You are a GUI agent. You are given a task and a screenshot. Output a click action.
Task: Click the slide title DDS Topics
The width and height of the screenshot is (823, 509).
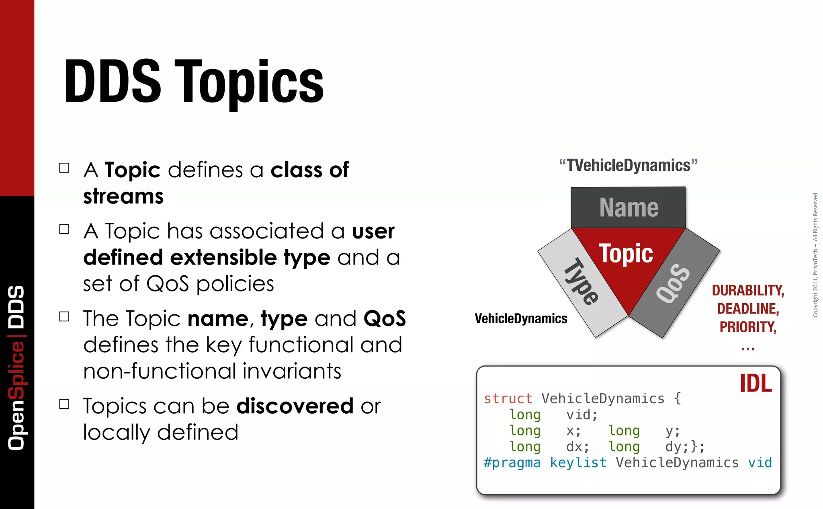click(x=194, y=82)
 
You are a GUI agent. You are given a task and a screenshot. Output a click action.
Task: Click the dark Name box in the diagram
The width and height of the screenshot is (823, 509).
click(x=628, y=207)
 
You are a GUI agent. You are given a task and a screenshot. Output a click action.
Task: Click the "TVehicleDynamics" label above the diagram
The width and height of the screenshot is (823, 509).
click(x=628, y=166)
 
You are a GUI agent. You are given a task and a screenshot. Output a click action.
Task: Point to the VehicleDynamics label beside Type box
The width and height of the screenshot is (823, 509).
click(x=521, y=319)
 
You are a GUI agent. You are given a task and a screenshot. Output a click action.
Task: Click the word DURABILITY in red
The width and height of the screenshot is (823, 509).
click(x=748, y=290)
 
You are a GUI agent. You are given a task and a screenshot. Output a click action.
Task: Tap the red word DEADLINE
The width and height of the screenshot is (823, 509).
click(x=748, y=309)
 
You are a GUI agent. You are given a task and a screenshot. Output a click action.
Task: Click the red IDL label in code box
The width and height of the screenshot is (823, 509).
click(x=755, y=384)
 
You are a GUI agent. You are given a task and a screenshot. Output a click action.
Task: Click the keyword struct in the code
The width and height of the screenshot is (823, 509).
click(x=508, y=398)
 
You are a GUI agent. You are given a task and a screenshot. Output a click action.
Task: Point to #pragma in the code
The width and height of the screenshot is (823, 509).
click(x=512, y=463)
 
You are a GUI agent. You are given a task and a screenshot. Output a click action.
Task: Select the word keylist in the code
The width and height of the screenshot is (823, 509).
click(x=578, y=463)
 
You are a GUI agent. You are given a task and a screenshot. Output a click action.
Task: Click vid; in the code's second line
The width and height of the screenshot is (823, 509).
click(x=582, y=415)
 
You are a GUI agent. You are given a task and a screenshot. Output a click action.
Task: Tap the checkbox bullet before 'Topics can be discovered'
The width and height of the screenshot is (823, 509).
click(x=64, y=404)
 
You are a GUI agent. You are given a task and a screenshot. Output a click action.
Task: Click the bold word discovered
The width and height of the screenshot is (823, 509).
click(x=295, y=406)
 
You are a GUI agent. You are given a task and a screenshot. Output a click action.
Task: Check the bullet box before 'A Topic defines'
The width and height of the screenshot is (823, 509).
click(x=64, y=168)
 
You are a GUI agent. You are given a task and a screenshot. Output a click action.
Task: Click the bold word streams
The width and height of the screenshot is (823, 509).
click(x=123, y=197)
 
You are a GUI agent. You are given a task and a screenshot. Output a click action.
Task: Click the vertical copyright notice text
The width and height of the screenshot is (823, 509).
click(x=815, y=254)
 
